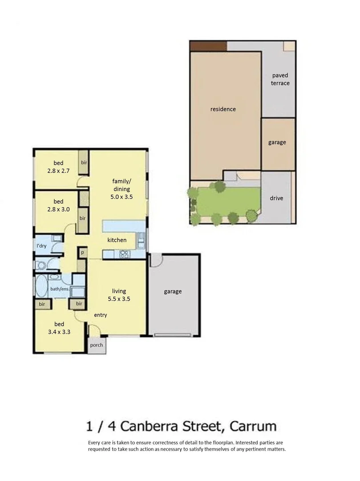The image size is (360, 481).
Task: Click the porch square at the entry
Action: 96,345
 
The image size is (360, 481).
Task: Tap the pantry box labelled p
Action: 82,252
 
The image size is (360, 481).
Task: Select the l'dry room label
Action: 41,246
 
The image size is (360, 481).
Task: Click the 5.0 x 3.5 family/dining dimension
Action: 121,196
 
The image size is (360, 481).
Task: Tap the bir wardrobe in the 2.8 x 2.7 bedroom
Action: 84,163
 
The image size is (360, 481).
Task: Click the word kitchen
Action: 117,240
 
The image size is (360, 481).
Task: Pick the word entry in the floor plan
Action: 101,315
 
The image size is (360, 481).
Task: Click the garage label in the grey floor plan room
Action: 173,292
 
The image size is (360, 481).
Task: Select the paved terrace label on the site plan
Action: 280,79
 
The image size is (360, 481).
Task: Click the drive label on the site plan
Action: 276,198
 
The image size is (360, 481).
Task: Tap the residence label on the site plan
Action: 223,109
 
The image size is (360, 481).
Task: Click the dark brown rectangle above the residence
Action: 208,45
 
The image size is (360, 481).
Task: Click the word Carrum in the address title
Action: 253,426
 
